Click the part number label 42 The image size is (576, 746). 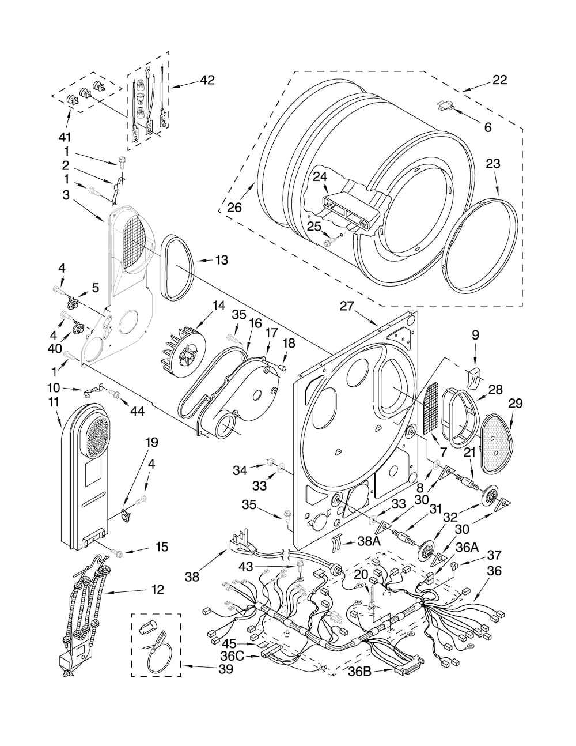207,80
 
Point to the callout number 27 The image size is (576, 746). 347,306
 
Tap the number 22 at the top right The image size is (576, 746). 499,80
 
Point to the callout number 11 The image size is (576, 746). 54,402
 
